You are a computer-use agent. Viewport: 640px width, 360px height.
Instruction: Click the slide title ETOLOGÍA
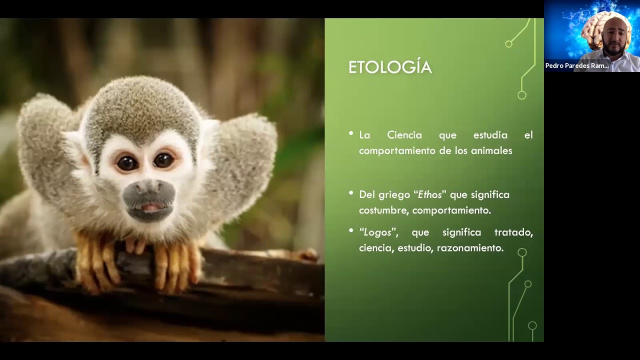(389, 67)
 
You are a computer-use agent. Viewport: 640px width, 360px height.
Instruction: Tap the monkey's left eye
(127, 162)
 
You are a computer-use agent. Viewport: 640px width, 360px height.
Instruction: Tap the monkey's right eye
(163, 160)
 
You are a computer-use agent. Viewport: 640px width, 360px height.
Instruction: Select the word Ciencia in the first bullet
(404, 135)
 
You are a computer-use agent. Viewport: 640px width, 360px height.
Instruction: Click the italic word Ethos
(430, 194)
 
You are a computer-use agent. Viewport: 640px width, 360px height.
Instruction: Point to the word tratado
(513, 232)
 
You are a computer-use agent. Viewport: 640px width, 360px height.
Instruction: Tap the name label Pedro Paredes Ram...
(577, 66)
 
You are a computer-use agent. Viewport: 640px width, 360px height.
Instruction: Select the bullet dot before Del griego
(351, 192)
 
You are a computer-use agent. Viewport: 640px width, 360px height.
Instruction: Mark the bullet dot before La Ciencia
(351, 133)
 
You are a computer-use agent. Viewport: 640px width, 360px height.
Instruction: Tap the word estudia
(490, 135)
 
